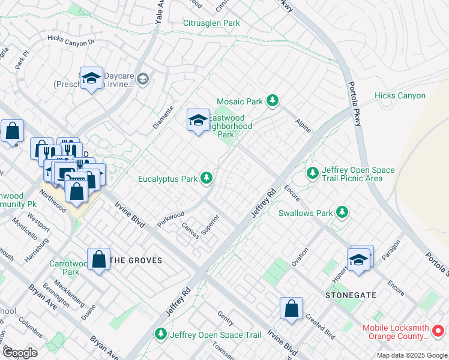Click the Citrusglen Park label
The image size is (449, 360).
[211, 23]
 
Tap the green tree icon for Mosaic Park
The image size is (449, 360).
[273, 100]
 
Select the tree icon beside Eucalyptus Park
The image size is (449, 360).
[206, 178]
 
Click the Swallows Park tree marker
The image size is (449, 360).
[342, 212]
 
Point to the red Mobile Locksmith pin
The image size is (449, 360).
[438, 330]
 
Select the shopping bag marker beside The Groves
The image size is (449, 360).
[99, 260]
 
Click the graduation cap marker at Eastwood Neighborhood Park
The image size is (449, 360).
[198, 121]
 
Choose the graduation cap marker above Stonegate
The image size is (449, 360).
[358, 260]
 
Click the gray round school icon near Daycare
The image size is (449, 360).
[143, 78]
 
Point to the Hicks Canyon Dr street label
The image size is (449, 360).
[71, 41]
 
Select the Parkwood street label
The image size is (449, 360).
[170, 215]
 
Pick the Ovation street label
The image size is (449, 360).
[299, 257]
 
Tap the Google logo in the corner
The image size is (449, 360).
[19, 353]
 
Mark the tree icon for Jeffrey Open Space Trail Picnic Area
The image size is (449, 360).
[312, 173]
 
